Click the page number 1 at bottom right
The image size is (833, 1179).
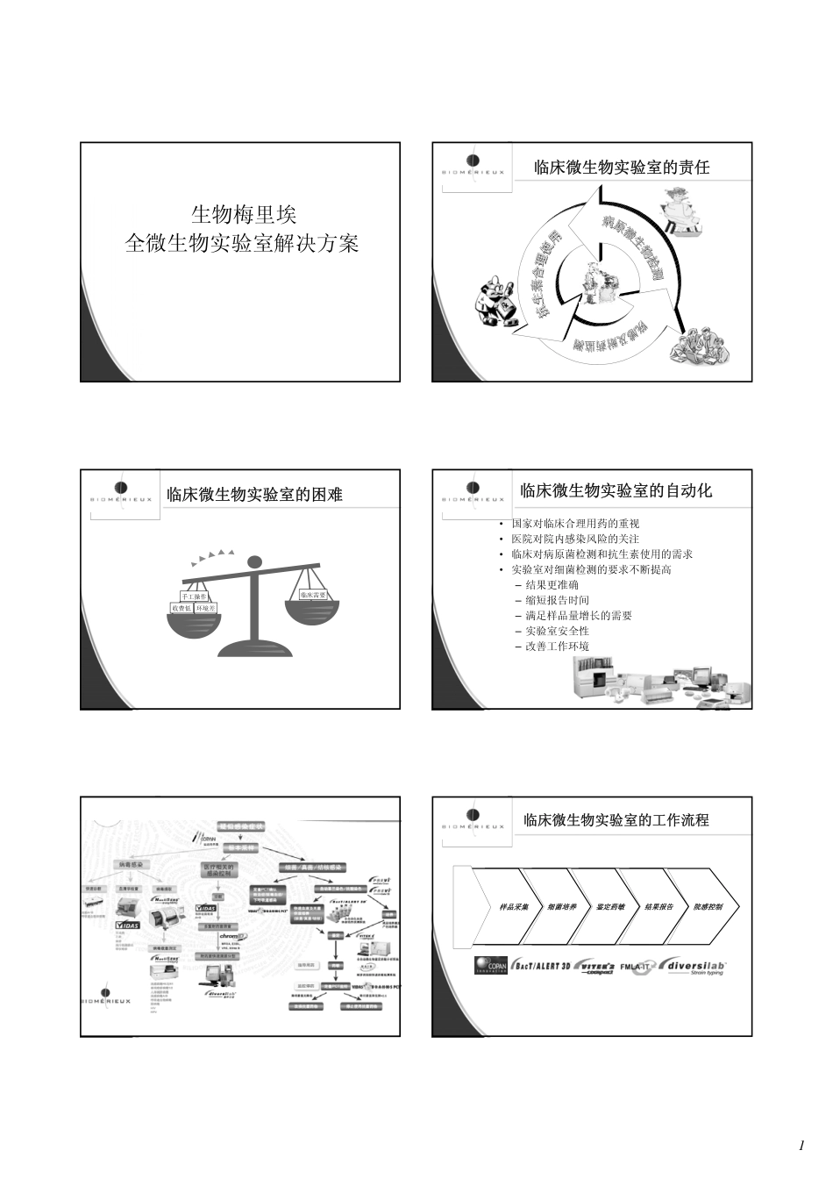(x=801, y=1146)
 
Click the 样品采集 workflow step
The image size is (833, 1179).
(x=515, y=906)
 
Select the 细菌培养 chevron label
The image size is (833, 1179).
(x=562, y=906)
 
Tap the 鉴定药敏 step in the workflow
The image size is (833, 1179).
(x=610, y=906)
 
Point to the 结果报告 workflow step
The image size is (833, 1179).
(x=659, y=906)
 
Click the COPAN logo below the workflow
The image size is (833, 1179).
(x=491, y=966)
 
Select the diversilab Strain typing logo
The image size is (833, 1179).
(x=695, y=966)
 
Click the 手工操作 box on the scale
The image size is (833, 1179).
(x=195, y=597)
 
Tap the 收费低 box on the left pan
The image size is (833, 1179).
(x=181, y=608)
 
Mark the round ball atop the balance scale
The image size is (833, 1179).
(x=254, y=561)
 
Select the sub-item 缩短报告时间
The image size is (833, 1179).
(x=557, y=600)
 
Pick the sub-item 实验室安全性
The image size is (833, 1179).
(x=557, y=631)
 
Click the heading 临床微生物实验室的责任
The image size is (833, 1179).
(x=622, y=167)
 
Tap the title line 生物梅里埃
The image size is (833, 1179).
(x=244, y=214)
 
